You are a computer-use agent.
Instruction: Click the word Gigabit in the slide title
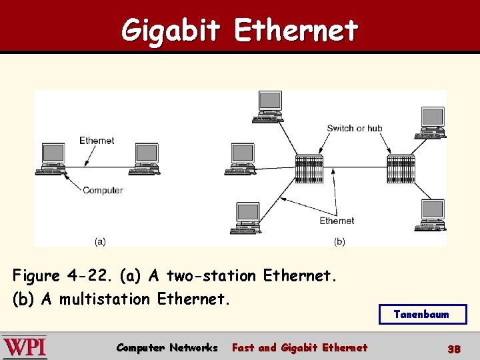[x=171, y=30]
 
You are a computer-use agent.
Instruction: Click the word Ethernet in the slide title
[x=297, y=30]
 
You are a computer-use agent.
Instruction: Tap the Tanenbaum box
[x=422, y=314]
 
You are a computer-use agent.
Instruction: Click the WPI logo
[x=25, y=347]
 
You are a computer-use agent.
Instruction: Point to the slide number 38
[x=454, y=348]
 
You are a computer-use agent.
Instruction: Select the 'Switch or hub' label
[x=355, y=128]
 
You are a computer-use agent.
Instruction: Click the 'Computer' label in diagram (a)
[x=103, y=190]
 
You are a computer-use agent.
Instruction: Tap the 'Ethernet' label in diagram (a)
[x=97, y=140]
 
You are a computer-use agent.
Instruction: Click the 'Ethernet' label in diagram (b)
[x=337, y=221]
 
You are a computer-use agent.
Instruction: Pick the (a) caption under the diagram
[x=100, y=241]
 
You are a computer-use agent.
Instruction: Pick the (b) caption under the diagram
[x=339, y=241]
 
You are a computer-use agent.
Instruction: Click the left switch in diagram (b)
[x=309, y=169]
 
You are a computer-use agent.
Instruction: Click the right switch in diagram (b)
[x=401, y=169]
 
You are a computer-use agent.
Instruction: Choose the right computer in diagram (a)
[x=146, y=159]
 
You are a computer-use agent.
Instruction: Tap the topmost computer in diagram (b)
[x=269, y=107]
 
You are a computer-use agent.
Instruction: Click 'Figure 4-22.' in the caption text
[x=56, y=275]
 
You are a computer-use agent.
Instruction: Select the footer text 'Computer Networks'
[x=167, y=347]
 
